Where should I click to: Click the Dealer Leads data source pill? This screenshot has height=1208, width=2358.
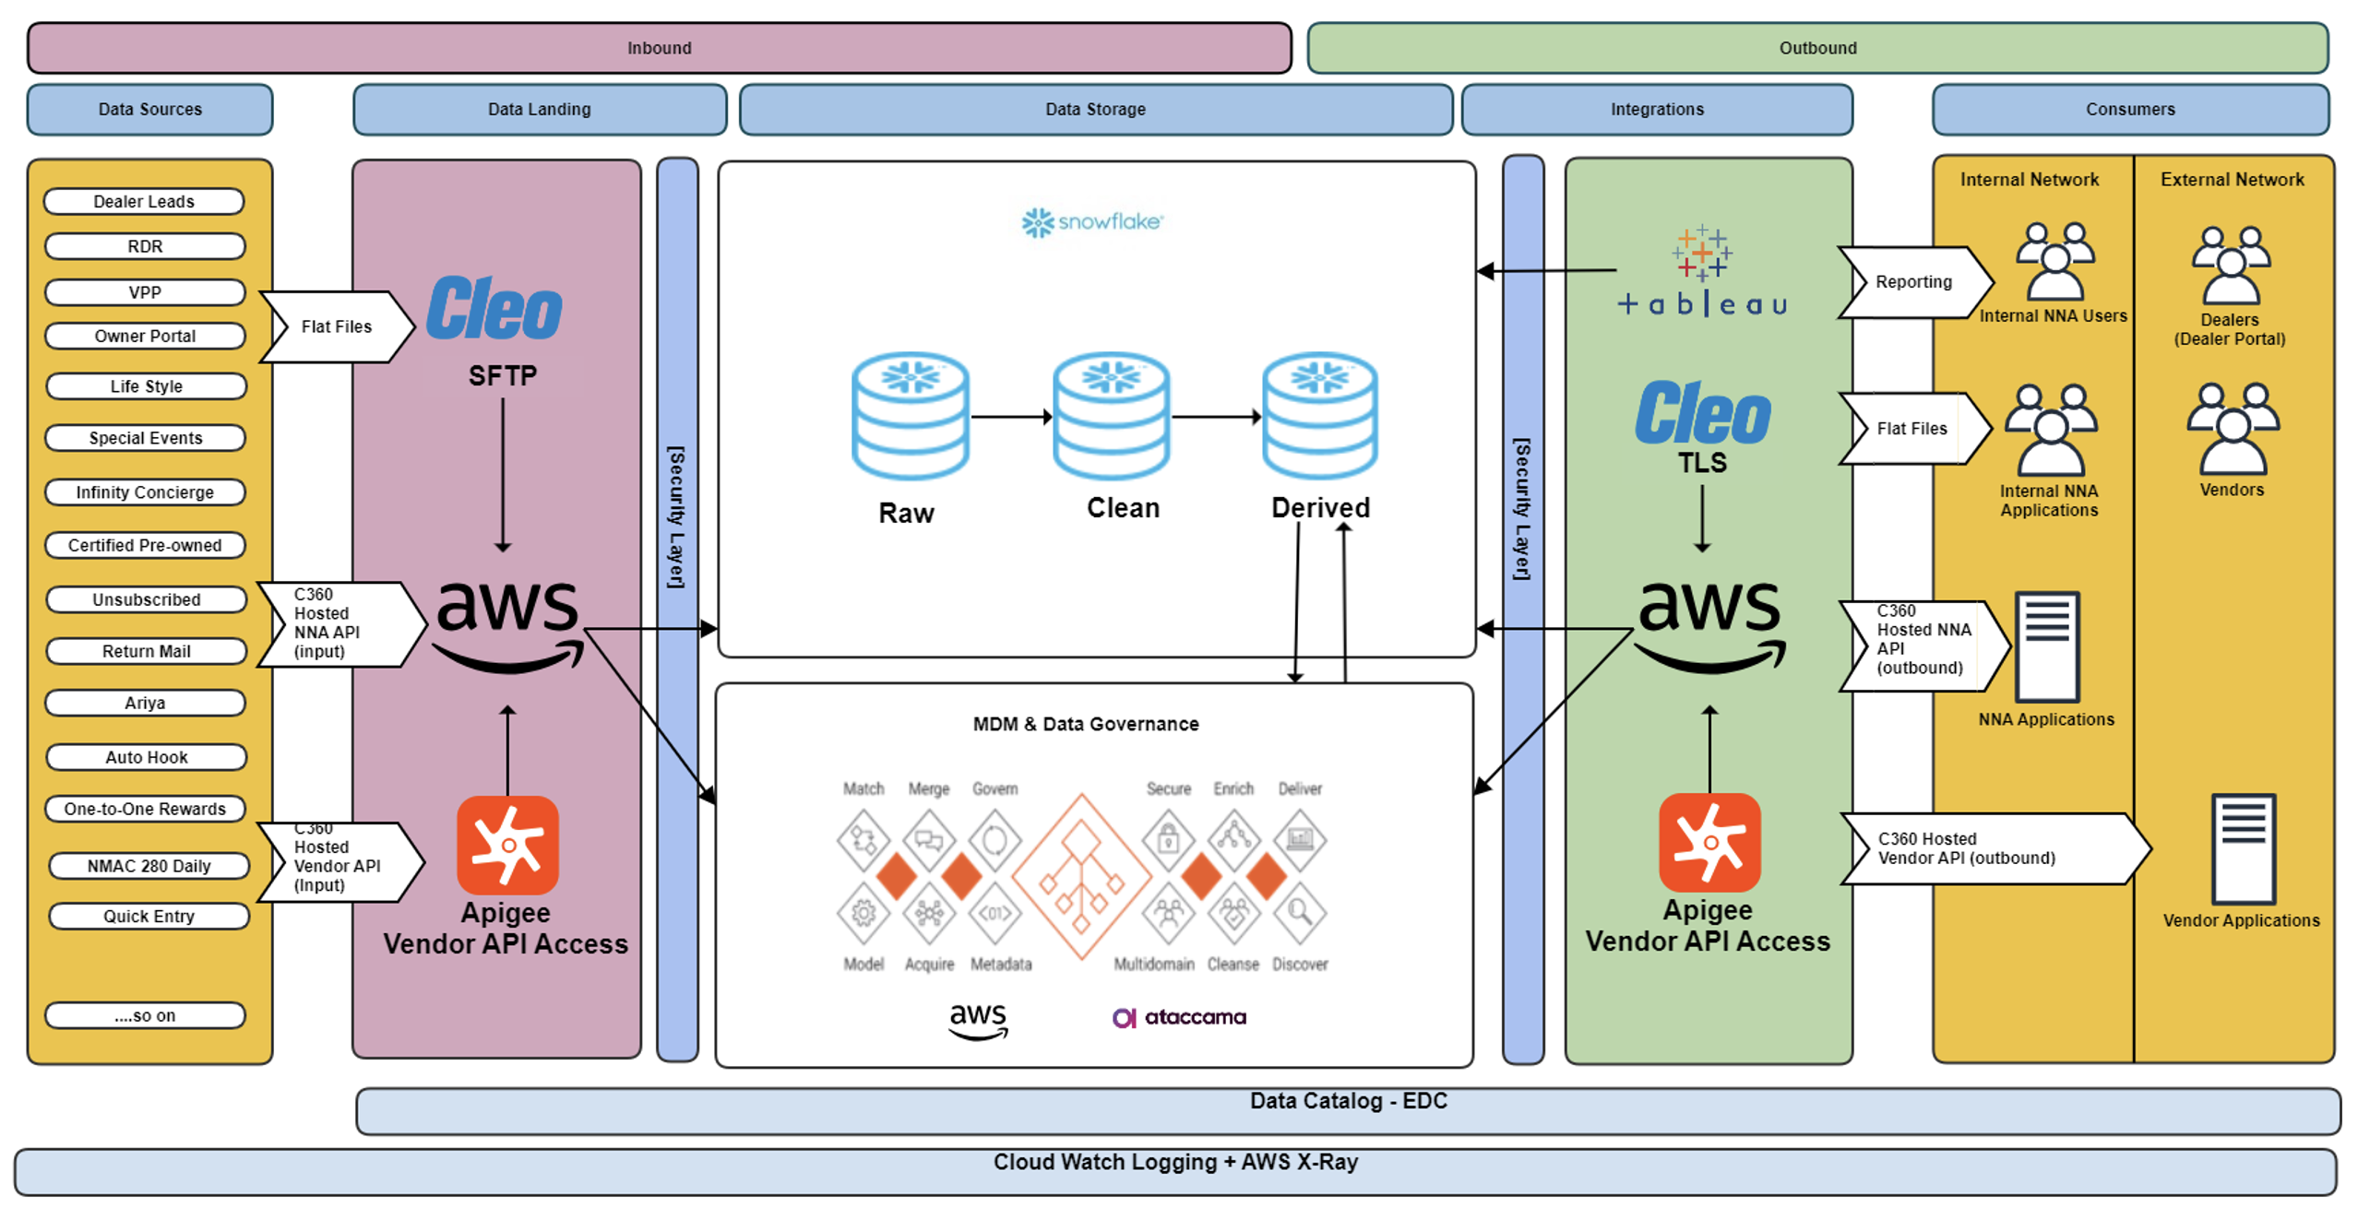pyautogui.click(x=144, y=201)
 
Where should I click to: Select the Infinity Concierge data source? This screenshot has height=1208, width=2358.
pyautogui.click(x=144, y=492)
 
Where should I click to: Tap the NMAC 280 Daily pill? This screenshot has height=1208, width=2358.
pyautogui.click(x=149, y=866)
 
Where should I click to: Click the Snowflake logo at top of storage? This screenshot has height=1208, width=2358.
pyautogui.click(x=1092, y=221)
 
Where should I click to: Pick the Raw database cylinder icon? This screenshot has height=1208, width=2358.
pyautogui.click(x=910, y=416)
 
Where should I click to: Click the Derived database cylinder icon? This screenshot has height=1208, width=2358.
pyautogui.click(x=1319, y=416)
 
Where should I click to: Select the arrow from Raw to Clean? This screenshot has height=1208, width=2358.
pyautogui.click(x=1010, y=417)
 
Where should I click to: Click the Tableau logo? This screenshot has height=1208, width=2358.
pyautogui.click(x=1702, y=272)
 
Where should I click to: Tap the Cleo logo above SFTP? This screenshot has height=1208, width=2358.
pyautogui.click(x=494, y=309)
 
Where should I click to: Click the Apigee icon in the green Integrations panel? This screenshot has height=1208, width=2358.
pyautogui.click(x=1709, y=842)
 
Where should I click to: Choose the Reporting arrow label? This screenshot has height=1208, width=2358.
pyautogui.click(x=1913, y=282)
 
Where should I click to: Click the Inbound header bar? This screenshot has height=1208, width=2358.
pyautogui.click(x=659, y=48)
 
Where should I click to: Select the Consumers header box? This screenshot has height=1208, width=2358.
pyautogui.click(x=2129, y=109)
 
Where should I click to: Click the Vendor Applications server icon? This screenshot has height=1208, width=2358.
pyautogui.click(x=2243, y=848)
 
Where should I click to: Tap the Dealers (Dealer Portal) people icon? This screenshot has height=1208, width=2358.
pyautogui.click(x=2231, y=266)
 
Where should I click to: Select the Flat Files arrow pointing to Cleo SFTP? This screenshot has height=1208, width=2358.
pyautogui.click(x=336, y=326)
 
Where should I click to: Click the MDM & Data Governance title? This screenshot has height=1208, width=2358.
pyautogui.click(x=1085, y=724)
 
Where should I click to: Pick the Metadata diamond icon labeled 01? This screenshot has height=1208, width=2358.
pyautogui.click(x=994, y=913)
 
